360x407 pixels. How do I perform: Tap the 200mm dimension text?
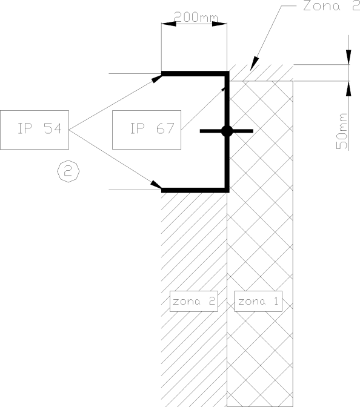[195, 17]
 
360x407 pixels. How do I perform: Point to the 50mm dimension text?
[342, 131]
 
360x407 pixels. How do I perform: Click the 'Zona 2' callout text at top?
[332, 5]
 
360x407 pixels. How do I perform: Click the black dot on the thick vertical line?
[227, 131]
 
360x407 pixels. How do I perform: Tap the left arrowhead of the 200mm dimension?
[168, 24]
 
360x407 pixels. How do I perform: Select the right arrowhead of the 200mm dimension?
[219, 24]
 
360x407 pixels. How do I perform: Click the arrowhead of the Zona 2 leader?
[255, 64]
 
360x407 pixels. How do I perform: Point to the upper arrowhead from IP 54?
[157, 78]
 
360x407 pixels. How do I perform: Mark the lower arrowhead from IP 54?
[156, 185]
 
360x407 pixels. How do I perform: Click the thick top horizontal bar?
[195, 73]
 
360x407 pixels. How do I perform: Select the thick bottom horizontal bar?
[195, 190]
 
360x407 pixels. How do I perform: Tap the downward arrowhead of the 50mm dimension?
[348, 57]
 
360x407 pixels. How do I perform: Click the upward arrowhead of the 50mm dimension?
[348, 88]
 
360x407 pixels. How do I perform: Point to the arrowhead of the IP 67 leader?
[223, 89]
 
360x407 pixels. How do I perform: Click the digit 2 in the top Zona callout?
[356, 5]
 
